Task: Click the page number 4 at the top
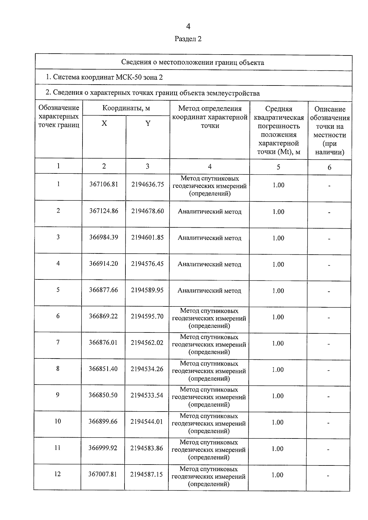tap(188, 27)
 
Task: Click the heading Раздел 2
tap(188, 39)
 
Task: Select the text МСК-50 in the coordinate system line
tap(129, 77)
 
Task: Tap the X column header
tap(104, 123)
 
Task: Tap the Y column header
tap(148, 123)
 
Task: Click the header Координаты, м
tap(126, 108)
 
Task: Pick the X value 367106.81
tap(104, 184)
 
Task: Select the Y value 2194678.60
tap(148, 211)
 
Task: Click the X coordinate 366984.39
tap(104, 237)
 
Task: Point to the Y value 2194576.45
tap(148, 264)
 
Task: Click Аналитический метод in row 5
tap(209, 290)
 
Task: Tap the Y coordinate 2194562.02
tap(147, 343)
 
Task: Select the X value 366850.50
tap(103, 395)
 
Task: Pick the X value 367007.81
tap(103, 475)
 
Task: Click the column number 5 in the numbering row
tap(278, 167)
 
